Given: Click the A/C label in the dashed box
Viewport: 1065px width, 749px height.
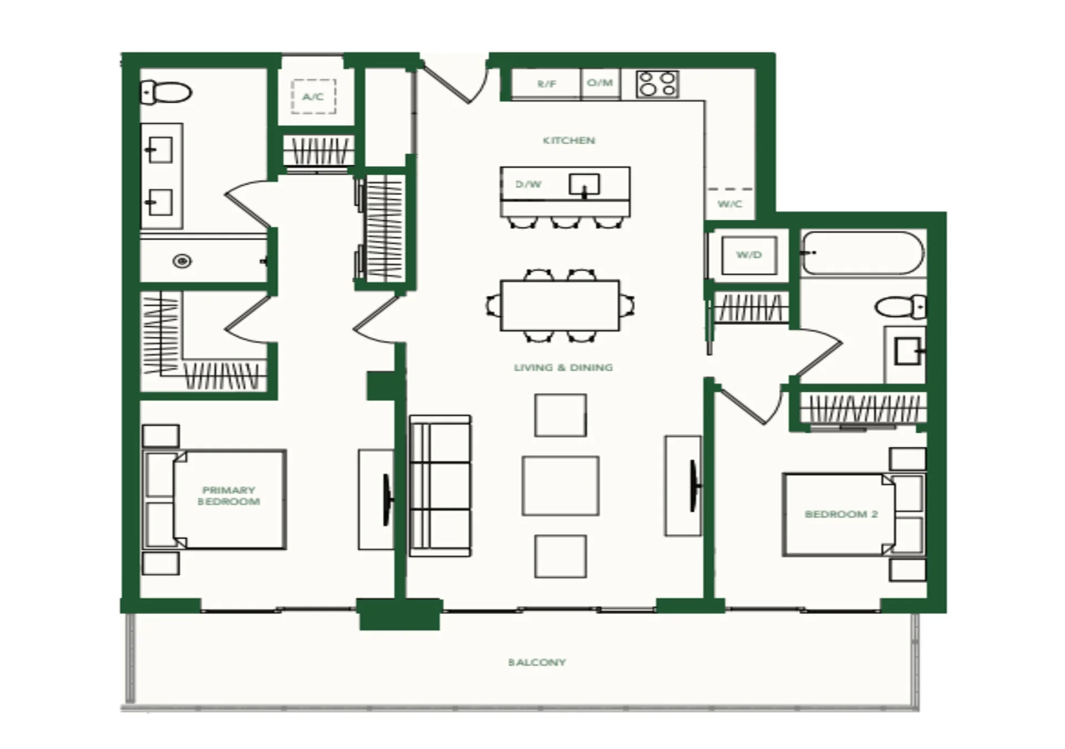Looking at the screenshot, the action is [x=313, y=97].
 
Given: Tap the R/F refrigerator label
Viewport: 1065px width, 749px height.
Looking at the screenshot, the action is [x=546, y=84].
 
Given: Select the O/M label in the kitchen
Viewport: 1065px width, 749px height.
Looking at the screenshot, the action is [x=600, y=83].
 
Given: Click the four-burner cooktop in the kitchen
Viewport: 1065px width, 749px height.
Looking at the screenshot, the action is [x=657, y=84].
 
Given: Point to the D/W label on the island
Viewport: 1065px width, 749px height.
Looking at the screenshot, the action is [x=528, y=184].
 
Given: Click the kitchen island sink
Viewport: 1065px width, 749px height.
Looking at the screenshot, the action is [x=584, y=185].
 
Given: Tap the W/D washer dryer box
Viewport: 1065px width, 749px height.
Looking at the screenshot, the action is [x=749, y=255].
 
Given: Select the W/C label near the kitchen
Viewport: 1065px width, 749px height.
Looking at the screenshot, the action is [x=729, y=204].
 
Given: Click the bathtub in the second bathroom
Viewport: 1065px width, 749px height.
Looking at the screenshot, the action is [x=863, y=253].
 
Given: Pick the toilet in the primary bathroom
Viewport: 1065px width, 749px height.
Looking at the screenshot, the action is [x=166, y=92].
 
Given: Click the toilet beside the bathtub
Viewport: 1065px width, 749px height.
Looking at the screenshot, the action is [x=900, y=307].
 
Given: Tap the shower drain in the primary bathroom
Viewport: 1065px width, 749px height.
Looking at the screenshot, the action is [x=182, y=261].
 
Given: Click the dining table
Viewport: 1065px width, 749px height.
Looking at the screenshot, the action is [x=560, y=306].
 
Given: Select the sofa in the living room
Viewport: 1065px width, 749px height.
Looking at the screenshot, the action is [x=440, y=485].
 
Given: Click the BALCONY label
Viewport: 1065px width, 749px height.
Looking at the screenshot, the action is [x=537, y=662].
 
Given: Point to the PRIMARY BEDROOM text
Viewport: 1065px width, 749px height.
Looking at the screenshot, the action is [x=229, y=496].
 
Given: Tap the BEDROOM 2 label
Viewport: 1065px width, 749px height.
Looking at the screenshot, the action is [x=841, y=514].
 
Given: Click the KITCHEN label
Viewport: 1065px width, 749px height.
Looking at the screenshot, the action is [x=569, y=140].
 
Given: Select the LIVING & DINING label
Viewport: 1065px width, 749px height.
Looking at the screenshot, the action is [x=563, y=367].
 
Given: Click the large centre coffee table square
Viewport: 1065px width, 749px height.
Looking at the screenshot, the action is [x=560, y=486].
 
